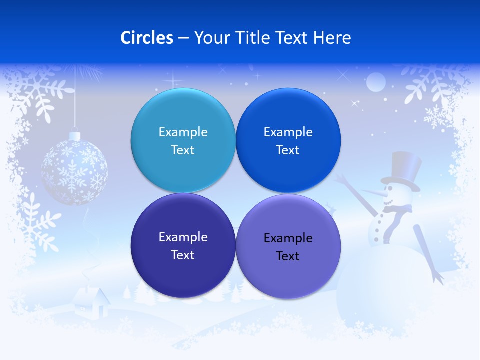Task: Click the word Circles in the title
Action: (x=147, y=38)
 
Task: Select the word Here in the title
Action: (x=332, y=38)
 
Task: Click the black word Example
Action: (x=288, y=238)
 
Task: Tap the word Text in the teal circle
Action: (x=183, y=150)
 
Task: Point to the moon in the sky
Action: (x=376, y=82)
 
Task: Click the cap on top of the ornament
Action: (x=74, y=135)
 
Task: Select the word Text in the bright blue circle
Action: (x=288, y=150)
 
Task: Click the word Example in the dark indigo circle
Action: (x=183, y=237)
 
